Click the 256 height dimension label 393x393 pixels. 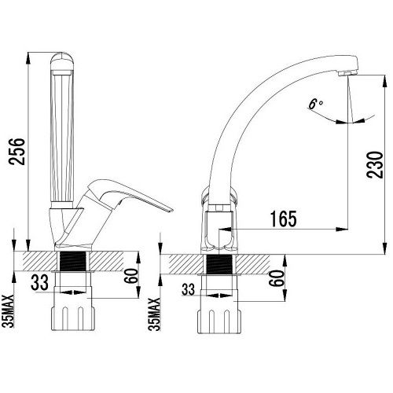(17, 152)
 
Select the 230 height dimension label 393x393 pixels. (375, 165)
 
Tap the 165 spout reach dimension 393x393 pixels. (284, 219)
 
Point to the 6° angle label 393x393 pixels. (315, 105)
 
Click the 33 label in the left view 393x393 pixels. (39, 282)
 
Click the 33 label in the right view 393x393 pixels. (189, 289)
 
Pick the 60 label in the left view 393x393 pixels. (131, 275)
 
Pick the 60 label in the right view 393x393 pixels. (278, 278)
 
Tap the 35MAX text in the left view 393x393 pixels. (9, 311)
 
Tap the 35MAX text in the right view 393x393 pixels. (155, 314)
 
